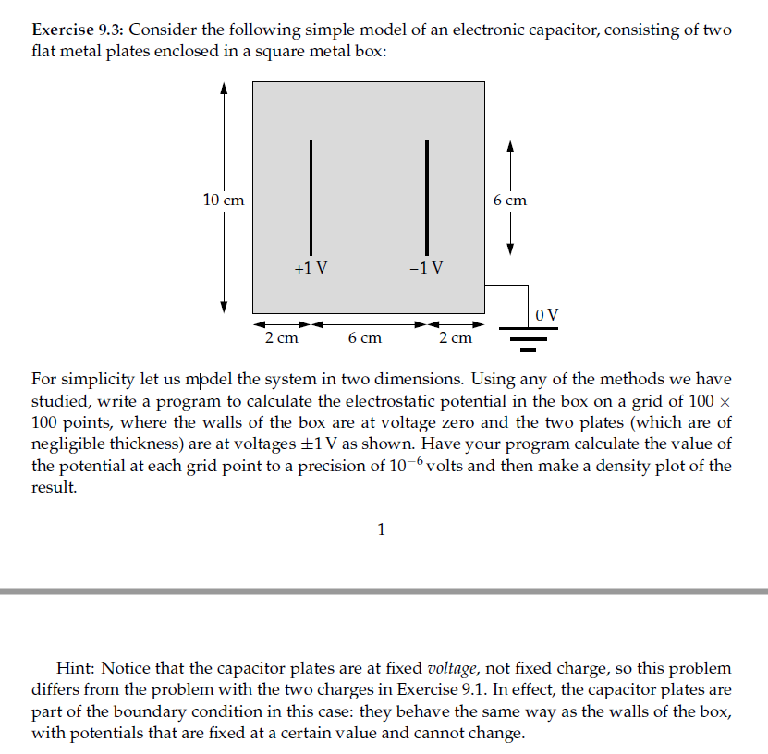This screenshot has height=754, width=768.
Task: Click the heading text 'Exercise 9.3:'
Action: click(76, 30)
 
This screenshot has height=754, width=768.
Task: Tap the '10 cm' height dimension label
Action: click(224, 200)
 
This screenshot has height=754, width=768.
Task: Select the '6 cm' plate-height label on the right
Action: click(509, 200)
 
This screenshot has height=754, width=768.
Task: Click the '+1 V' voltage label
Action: click(311, 269)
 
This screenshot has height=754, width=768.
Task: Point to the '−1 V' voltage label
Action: click(425, 269)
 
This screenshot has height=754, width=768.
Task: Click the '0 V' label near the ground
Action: click(547, 314)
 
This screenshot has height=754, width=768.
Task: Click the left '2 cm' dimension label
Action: click(281, 339)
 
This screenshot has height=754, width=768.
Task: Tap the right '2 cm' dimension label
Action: click(456, 339)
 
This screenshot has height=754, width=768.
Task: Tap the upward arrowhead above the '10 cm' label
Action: click(224, 89)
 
